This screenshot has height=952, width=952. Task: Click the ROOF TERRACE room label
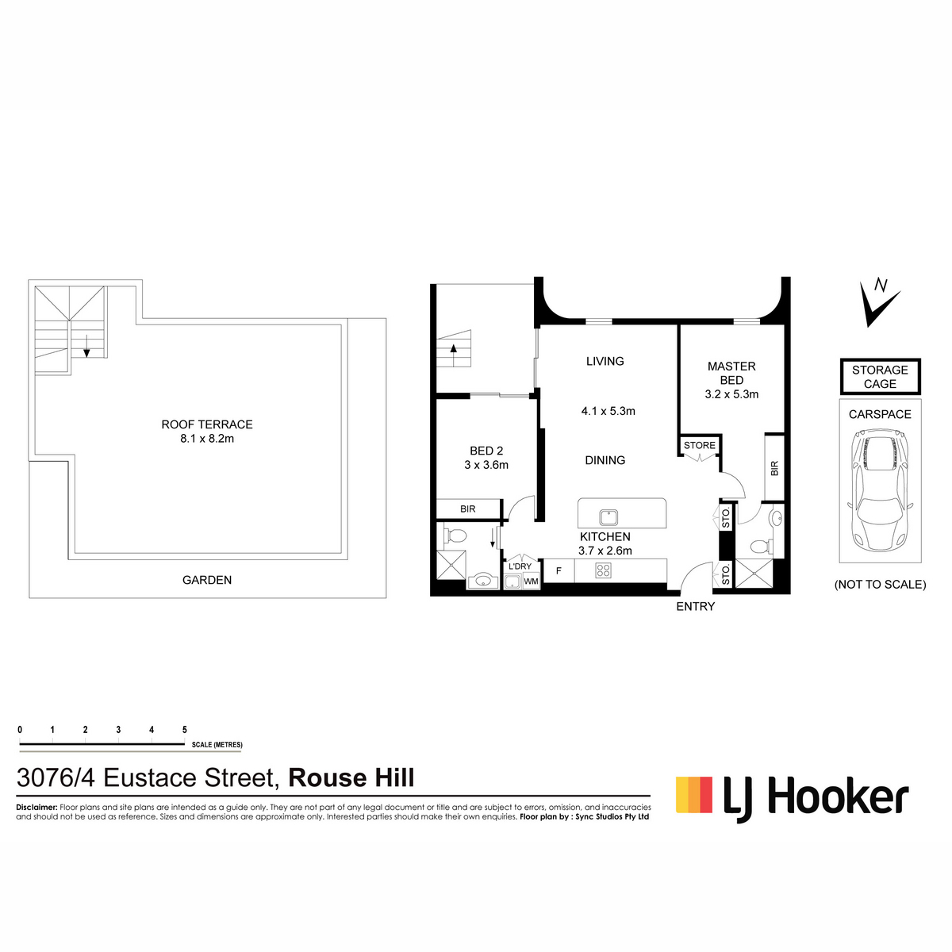pos(207,424)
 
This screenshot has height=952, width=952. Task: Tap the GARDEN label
pos(207,580)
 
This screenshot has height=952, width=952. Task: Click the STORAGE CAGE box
pos(880,377)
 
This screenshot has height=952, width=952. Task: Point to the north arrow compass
pos(878,303)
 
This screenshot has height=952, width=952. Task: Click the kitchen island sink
pos(608,517)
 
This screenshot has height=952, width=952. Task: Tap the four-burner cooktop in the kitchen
pos(603,570)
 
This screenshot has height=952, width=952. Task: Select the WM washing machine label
pos(531,582)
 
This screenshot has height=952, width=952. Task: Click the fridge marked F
pos(559,571)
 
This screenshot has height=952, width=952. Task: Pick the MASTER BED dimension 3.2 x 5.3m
pos(731,394)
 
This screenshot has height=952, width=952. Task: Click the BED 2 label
pos(486,451)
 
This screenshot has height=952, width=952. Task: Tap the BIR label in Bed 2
pos(468,509)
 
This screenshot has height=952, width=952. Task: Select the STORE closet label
pos(700,445)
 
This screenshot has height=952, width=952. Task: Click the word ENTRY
pos(696,607)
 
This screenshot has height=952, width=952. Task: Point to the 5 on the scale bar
pos(185,730)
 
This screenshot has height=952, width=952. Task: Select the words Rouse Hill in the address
pos(351,777)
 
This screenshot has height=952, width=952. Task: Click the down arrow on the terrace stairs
pos(86,346)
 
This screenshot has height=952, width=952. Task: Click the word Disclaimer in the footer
pos(36,808)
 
